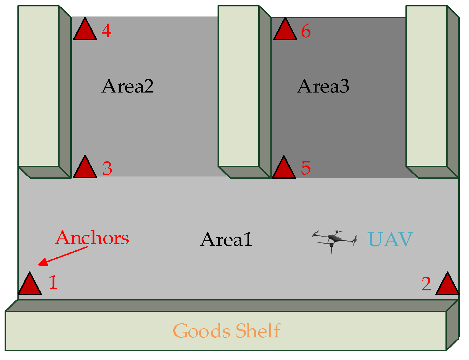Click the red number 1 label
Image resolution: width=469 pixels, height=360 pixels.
(x=53, y=282)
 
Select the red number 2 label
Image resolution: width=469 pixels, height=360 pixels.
(x=426, y=284)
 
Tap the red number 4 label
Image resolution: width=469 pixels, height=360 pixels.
(x=106, y=31)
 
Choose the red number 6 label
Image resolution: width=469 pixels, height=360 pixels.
(x=306, y=31)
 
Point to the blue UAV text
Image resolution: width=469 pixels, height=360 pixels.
(x=390, y=240)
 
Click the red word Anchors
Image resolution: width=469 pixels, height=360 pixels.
(x=92, y=238)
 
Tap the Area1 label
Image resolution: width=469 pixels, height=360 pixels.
(x=226, y=240)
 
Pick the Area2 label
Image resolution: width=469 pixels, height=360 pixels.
(x=127, y=86)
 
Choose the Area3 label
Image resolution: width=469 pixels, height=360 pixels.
(x=323, y=86)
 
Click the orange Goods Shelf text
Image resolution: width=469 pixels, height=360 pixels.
(x=226, y=331)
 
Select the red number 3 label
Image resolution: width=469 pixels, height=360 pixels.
(x=107, y=169)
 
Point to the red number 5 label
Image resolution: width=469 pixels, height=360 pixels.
(x=306, y=168)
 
